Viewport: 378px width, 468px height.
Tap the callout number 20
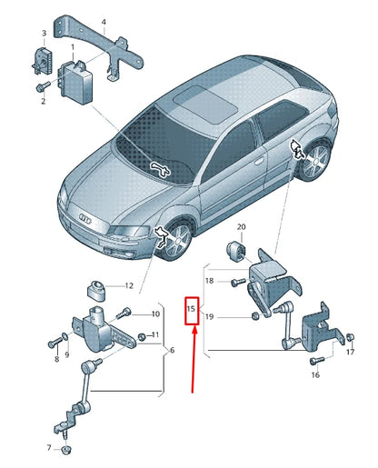click(x=242, y=226)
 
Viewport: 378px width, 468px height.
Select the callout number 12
click(x=128, y=285)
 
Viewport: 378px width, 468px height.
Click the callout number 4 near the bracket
click(x=103, y=21)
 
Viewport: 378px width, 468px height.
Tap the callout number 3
click(x=40, y=33)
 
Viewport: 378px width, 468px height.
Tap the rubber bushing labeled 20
click(x=235, y=250)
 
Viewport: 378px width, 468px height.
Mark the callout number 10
click(x=155, y=314)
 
